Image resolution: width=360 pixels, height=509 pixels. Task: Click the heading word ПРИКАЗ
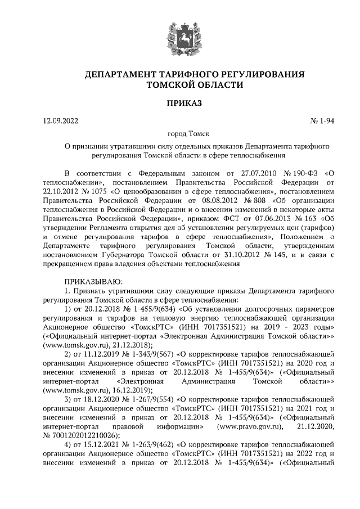tap(179, 103)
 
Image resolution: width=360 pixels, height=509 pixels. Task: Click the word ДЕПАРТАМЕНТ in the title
tap(120, 75)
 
